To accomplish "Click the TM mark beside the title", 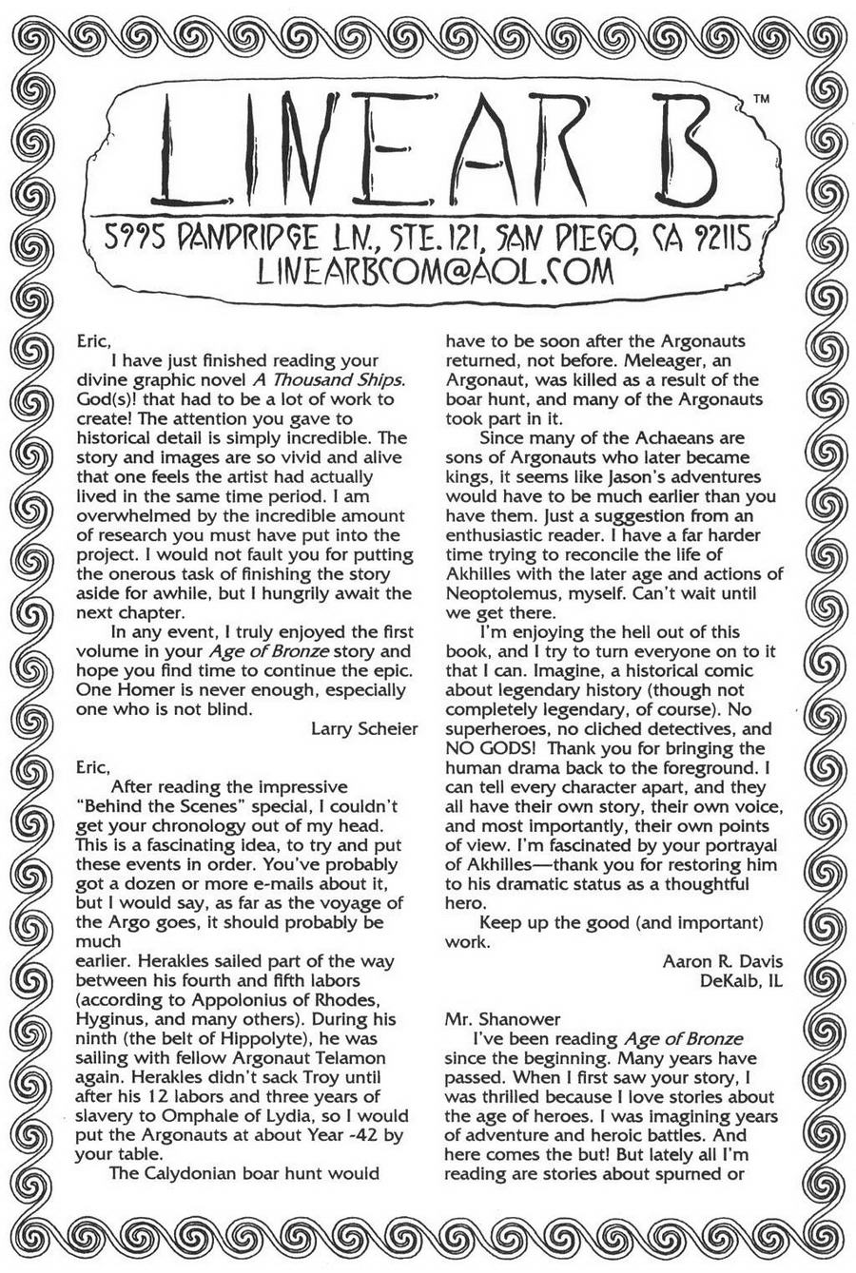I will pos(761,98).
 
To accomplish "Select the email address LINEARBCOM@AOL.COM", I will pos(436,271).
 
